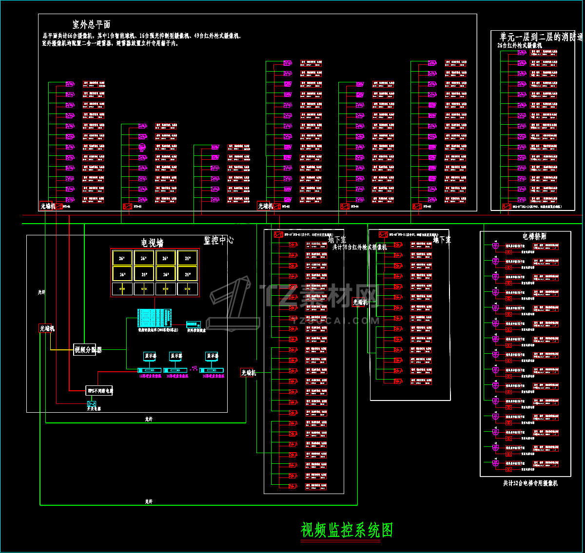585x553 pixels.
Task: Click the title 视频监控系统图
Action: point(347,530)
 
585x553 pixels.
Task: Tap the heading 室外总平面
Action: point(91,24)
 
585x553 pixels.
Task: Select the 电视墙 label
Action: point(152,243)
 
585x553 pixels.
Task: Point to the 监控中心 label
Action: point(218,240)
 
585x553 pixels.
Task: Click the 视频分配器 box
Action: point(87,349)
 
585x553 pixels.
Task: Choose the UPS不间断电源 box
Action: point(99,391)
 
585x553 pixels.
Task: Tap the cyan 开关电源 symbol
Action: point(92,404)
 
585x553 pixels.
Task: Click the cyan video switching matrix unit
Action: point(155,318)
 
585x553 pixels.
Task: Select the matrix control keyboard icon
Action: point(194,324)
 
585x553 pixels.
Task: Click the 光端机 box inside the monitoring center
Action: point(47,328)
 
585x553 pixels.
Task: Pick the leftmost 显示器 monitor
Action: point(150,356)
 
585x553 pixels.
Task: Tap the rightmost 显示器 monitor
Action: point(212,356)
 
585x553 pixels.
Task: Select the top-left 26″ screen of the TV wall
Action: point(121,258)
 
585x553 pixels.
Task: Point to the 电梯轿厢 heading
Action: point(534,236)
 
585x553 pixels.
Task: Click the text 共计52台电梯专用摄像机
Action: point(530,483)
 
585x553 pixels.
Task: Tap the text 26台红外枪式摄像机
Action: point(520,45)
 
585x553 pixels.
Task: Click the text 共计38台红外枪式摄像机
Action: point(359,248)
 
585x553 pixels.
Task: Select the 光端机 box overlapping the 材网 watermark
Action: point(360,302)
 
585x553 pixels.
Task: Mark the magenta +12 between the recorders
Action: point(195,368)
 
